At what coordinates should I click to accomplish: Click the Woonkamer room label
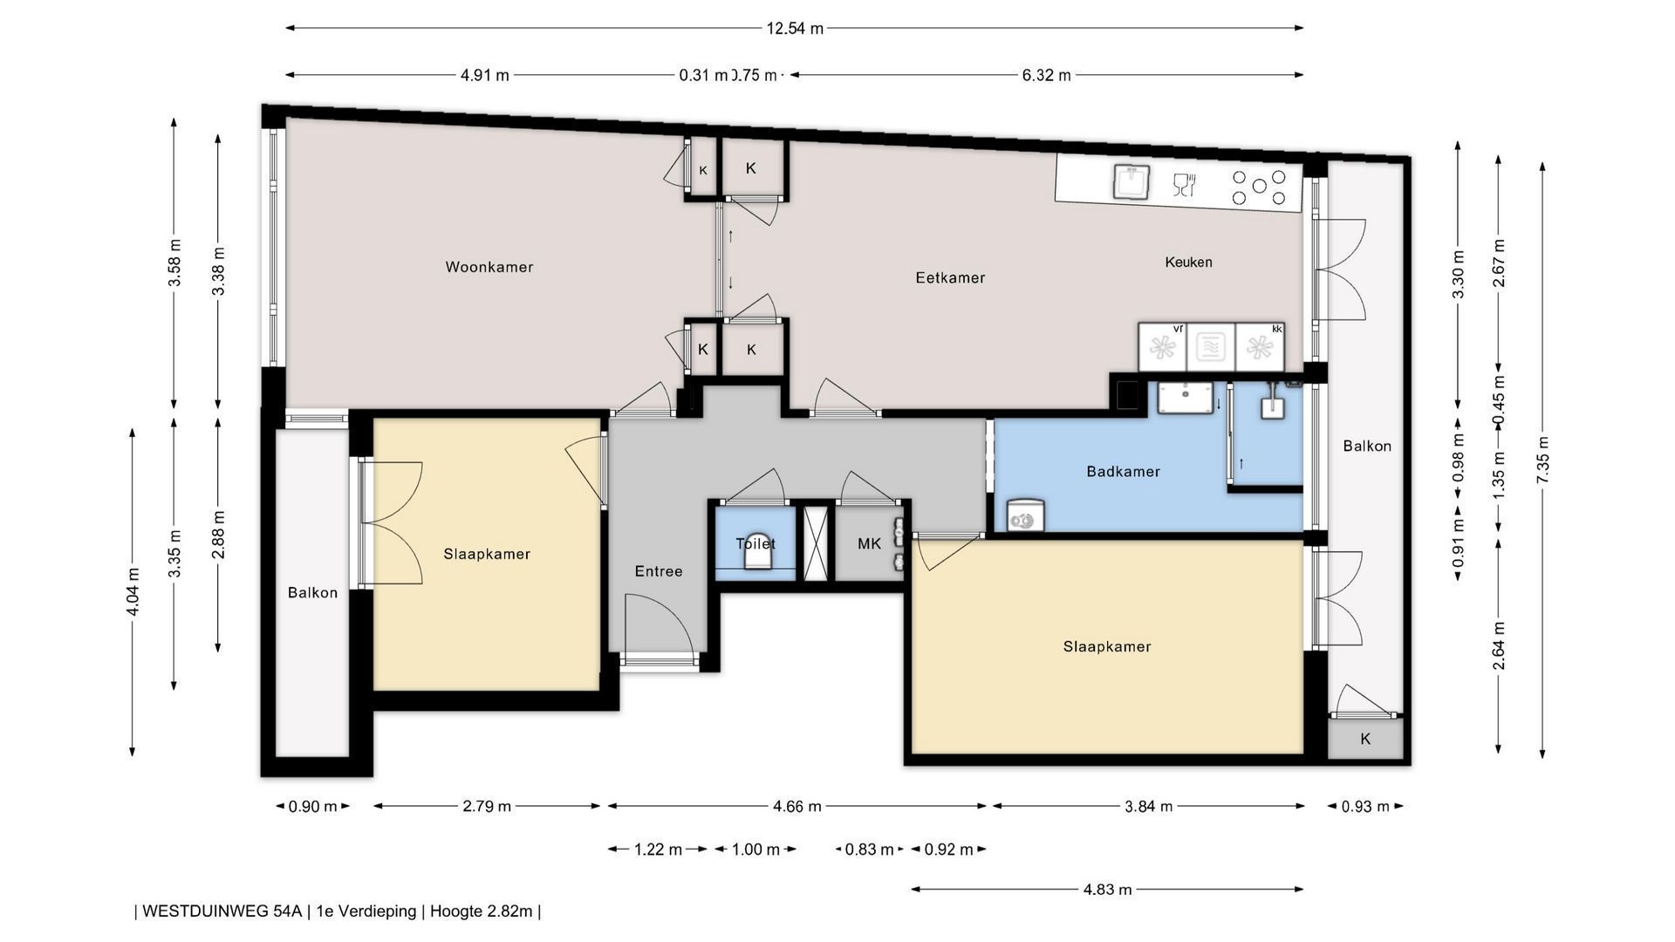[489, 267]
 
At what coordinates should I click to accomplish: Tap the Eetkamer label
[950, 277]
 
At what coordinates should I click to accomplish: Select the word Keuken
[1188, 262]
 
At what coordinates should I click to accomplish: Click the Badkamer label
[1123, 471]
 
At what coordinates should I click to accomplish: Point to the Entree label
[658, 571]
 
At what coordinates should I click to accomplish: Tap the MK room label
[869, 543]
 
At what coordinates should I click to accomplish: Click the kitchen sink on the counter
[1131, 181]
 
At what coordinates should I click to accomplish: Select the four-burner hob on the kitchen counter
[1258, 187]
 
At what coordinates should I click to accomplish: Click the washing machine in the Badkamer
[1025, 515]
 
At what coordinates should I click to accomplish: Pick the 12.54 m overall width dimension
[795, 28]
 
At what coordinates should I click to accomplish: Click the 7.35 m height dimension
[1542, 460]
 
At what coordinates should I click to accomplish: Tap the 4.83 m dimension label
[1107, 890]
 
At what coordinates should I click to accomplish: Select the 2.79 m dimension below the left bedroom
[487, 806]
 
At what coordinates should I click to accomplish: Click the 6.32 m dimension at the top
[1046, 75]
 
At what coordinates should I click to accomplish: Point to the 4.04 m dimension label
[133, 592]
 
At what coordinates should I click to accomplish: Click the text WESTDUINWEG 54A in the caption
[222, 911]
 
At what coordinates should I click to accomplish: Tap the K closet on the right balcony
[1365, 739]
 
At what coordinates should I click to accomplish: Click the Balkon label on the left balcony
[312, 593]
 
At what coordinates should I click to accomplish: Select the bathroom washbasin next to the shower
[1186, 398]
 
